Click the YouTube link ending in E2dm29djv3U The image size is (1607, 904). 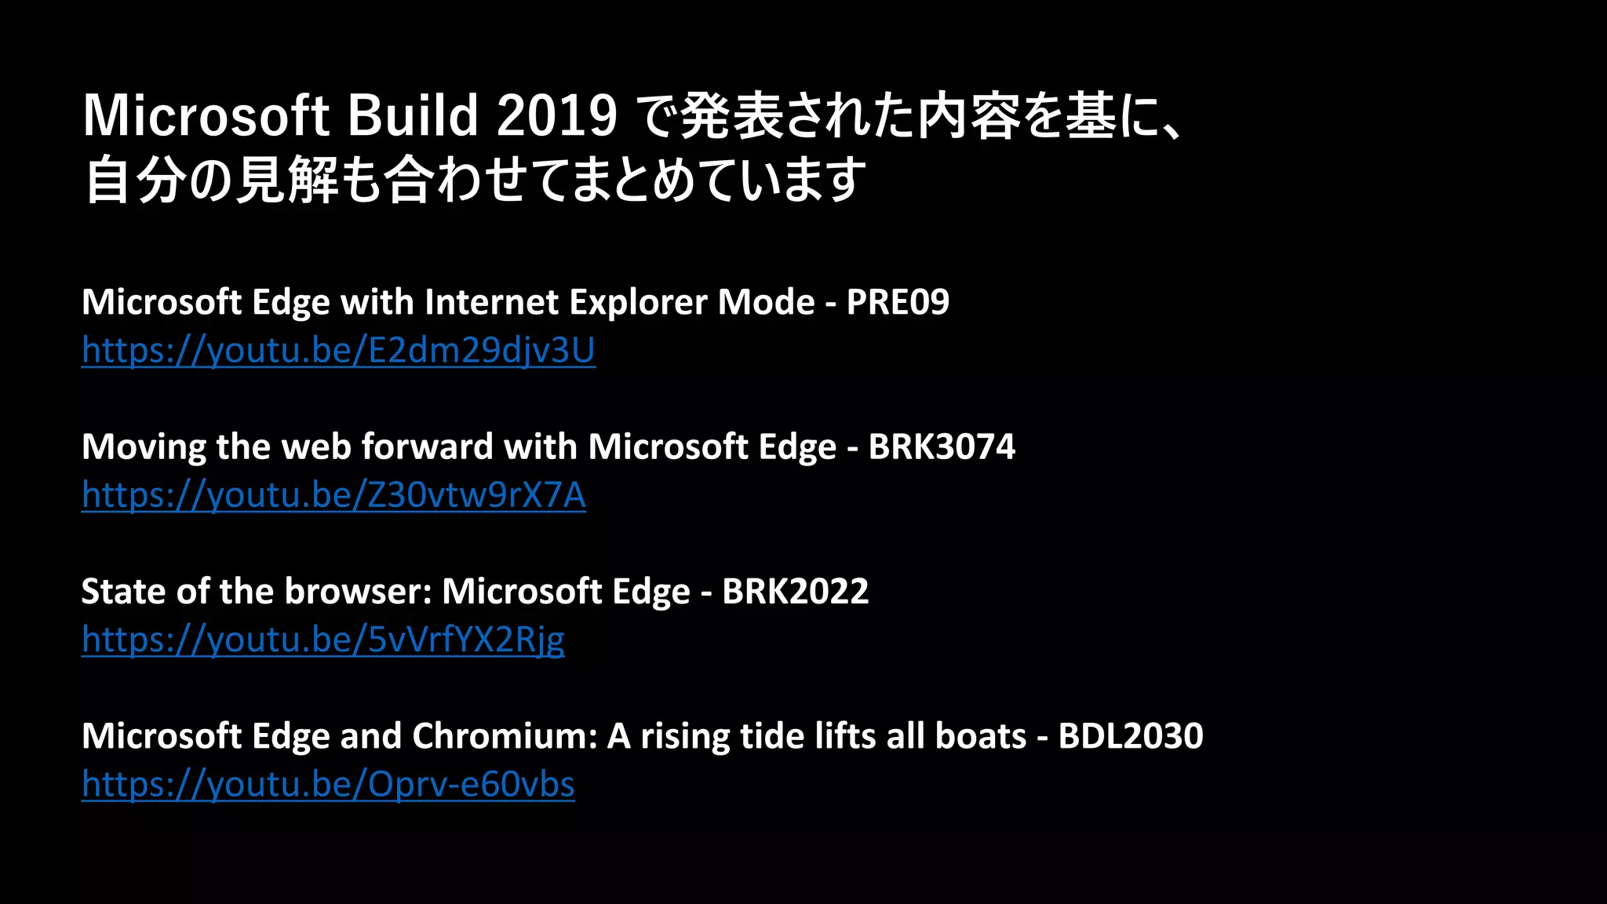click(338, 350)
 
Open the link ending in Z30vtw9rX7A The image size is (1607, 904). click(333, 495)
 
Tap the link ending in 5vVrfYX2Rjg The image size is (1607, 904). click(322, 640)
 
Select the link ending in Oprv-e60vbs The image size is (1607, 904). click(328, 784)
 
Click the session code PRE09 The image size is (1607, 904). click(898, 302)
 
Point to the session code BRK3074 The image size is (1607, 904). click(942, 447)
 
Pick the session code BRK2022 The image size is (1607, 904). click(795, 591)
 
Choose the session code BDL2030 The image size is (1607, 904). click(1130, 736)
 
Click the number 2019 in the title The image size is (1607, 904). click(556, 116)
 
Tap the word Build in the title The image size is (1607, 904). click(413, 116)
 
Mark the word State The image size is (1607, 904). click(123, 591)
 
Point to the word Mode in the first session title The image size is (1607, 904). click(766, 302)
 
